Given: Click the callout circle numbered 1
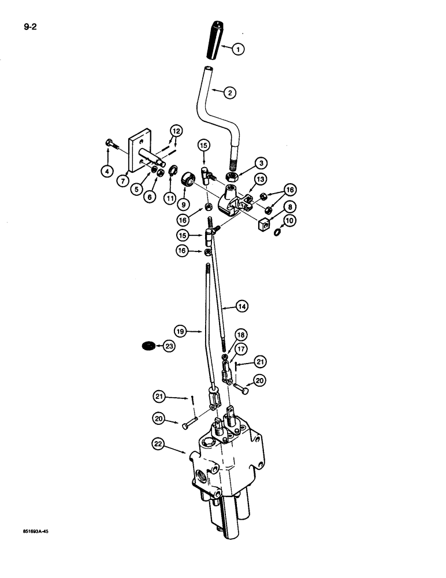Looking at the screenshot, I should click(238, 50).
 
